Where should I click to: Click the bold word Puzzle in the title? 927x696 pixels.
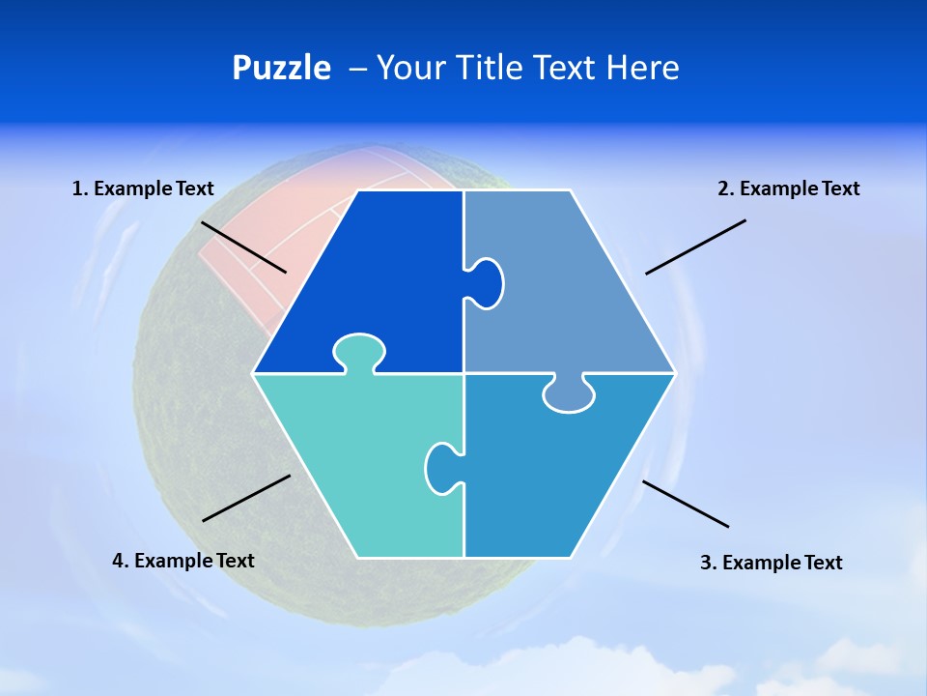click(281, 68)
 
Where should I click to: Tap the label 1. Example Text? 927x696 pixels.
click(143, 188)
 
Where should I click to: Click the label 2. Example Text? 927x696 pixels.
click(788, 188)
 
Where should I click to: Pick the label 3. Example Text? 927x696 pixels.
click(771, 563)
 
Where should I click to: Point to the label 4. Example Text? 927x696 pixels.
click(183, 561)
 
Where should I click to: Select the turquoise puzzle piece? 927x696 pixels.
click(357, 464)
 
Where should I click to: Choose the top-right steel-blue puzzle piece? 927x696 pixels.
click(570, 290)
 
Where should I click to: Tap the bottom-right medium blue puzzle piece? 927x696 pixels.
click(560, 474)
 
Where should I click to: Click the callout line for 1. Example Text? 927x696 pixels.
click(243, 246)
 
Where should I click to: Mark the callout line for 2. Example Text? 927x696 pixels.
click(695, 246)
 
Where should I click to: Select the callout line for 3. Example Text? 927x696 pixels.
click(686, 504)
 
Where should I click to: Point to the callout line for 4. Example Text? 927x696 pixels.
click(246, 498)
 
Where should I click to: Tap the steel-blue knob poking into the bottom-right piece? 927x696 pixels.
click(569, 394)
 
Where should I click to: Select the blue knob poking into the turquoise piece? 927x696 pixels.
click(442, 468)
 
